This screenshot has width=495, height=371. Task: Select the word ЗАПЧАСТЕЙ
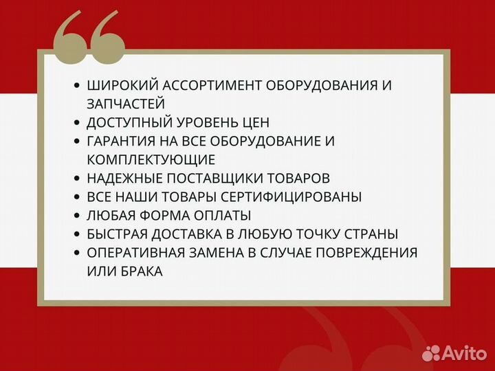(x=126, y=104)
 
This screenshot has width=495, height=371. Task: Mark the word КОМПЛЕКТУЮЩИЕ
(x=151, y=159)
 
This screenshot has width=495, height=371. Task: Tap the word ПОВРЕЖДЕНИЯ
(x=362, y=252)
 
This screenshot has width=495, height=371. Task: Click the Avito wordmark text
(x=463, y=353)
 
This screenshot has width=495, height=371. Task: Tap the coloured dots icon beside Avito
(x=431, y=352)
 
